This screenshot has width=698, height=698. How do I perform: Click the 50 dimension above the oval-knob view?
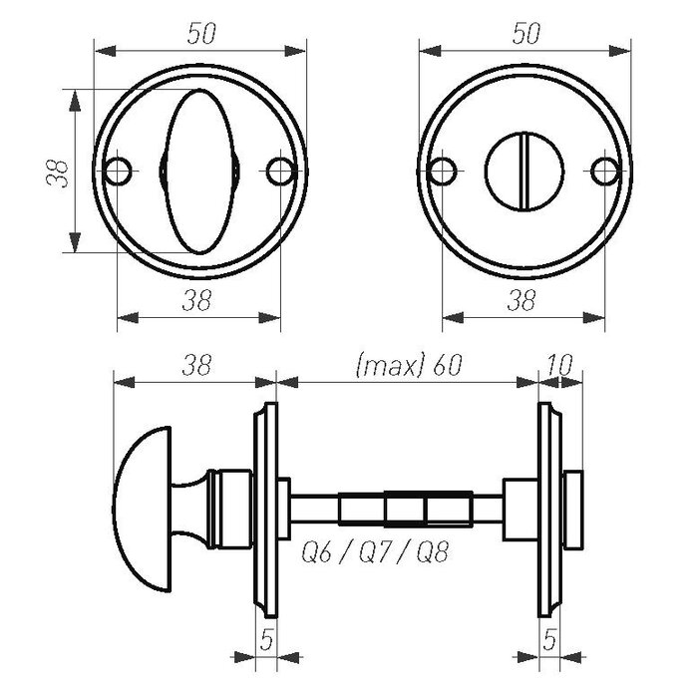pyautogui.click(x=201, y=32)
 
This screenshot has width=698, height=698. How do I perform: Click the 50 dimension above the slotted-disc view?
pyautogui.click(x=524, y=32)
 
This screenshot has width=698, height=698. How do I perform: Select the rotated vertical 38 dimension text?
pyautogui.click(x=57, y=172)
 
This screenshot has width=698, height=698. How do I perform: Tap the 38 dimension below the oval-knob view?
pyautogui.click(x=199, y=300)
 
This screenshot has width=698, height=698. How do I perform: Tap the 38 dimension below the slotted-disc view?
pyautogui.click(x=523, y=300)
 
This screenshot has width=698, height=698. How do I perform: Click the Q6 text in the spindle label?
pyautogui.click(x=317, y=551)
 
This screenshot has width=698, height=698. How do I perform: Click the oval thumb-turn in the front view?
pyautogui.click(x=199, y=172)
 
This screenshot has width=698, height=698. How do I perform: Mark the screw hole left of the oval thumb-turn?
pyautogui.click(x=118, y=172)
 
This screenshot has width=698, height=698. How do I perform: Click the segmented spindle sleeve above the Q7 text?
pyautogui.click(x=404, y=510)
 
